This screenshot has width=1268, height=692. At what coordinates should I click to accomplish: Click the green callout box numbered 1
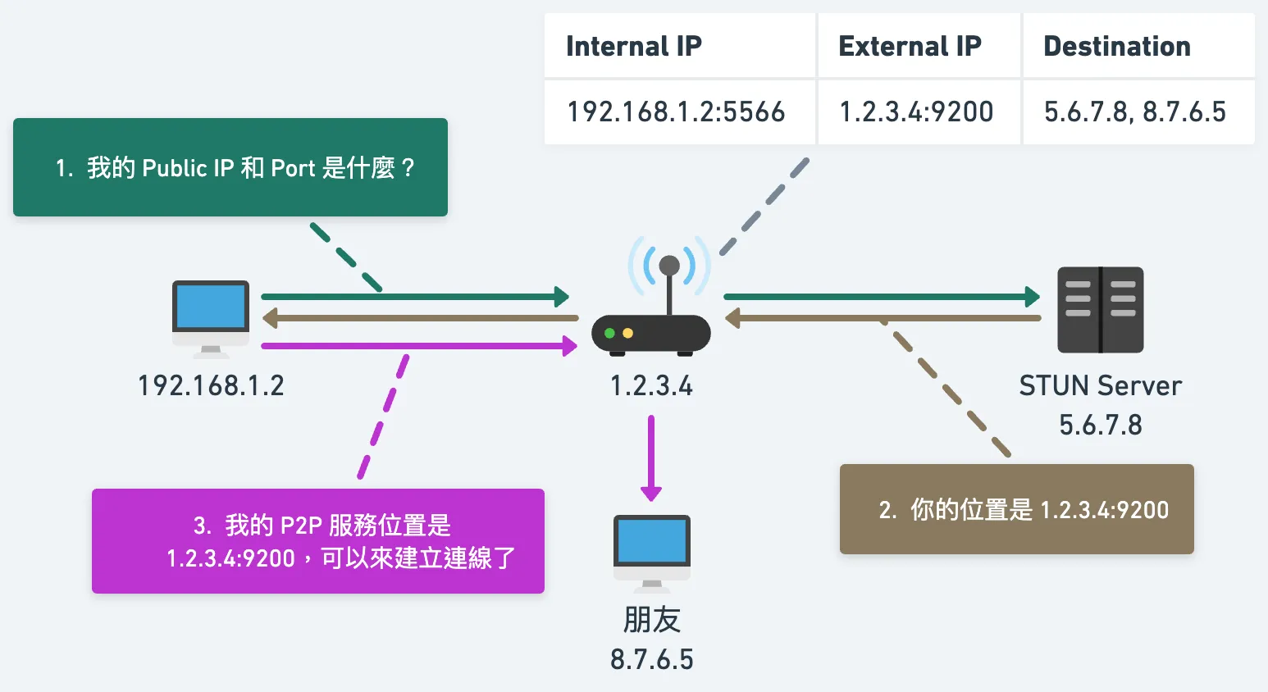pos(230,167)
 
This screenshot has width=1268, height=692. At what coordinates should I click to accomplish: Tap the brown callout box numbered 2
pos(1016,509)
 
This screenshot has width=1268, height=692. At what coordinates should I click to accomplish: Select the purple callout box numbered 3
pos(318,541)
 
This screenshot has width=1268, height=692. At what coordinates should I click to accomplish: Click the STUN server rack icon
pos(1100,310)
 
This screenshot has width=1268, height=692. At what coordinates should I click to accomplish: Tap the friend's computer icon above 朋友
pos(652,552)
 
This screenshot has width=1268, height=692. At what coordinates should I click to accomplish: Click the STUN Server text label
pos(1100,385)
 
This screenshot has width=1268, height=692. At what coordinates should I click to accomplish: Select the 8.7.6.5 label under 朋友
pos(652,659)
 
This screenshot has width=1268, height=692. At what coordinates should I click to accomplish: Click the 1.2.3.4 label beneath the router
pos(652,385)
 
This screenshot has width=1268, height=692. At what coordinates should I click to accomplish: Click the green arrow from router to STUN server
pos(882,297)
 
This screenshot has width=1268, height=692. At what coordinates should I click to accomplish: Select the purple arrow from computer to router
pos(418,346)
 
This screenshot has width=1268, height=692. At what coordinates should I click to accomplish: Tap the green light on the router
pos(609,334)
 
